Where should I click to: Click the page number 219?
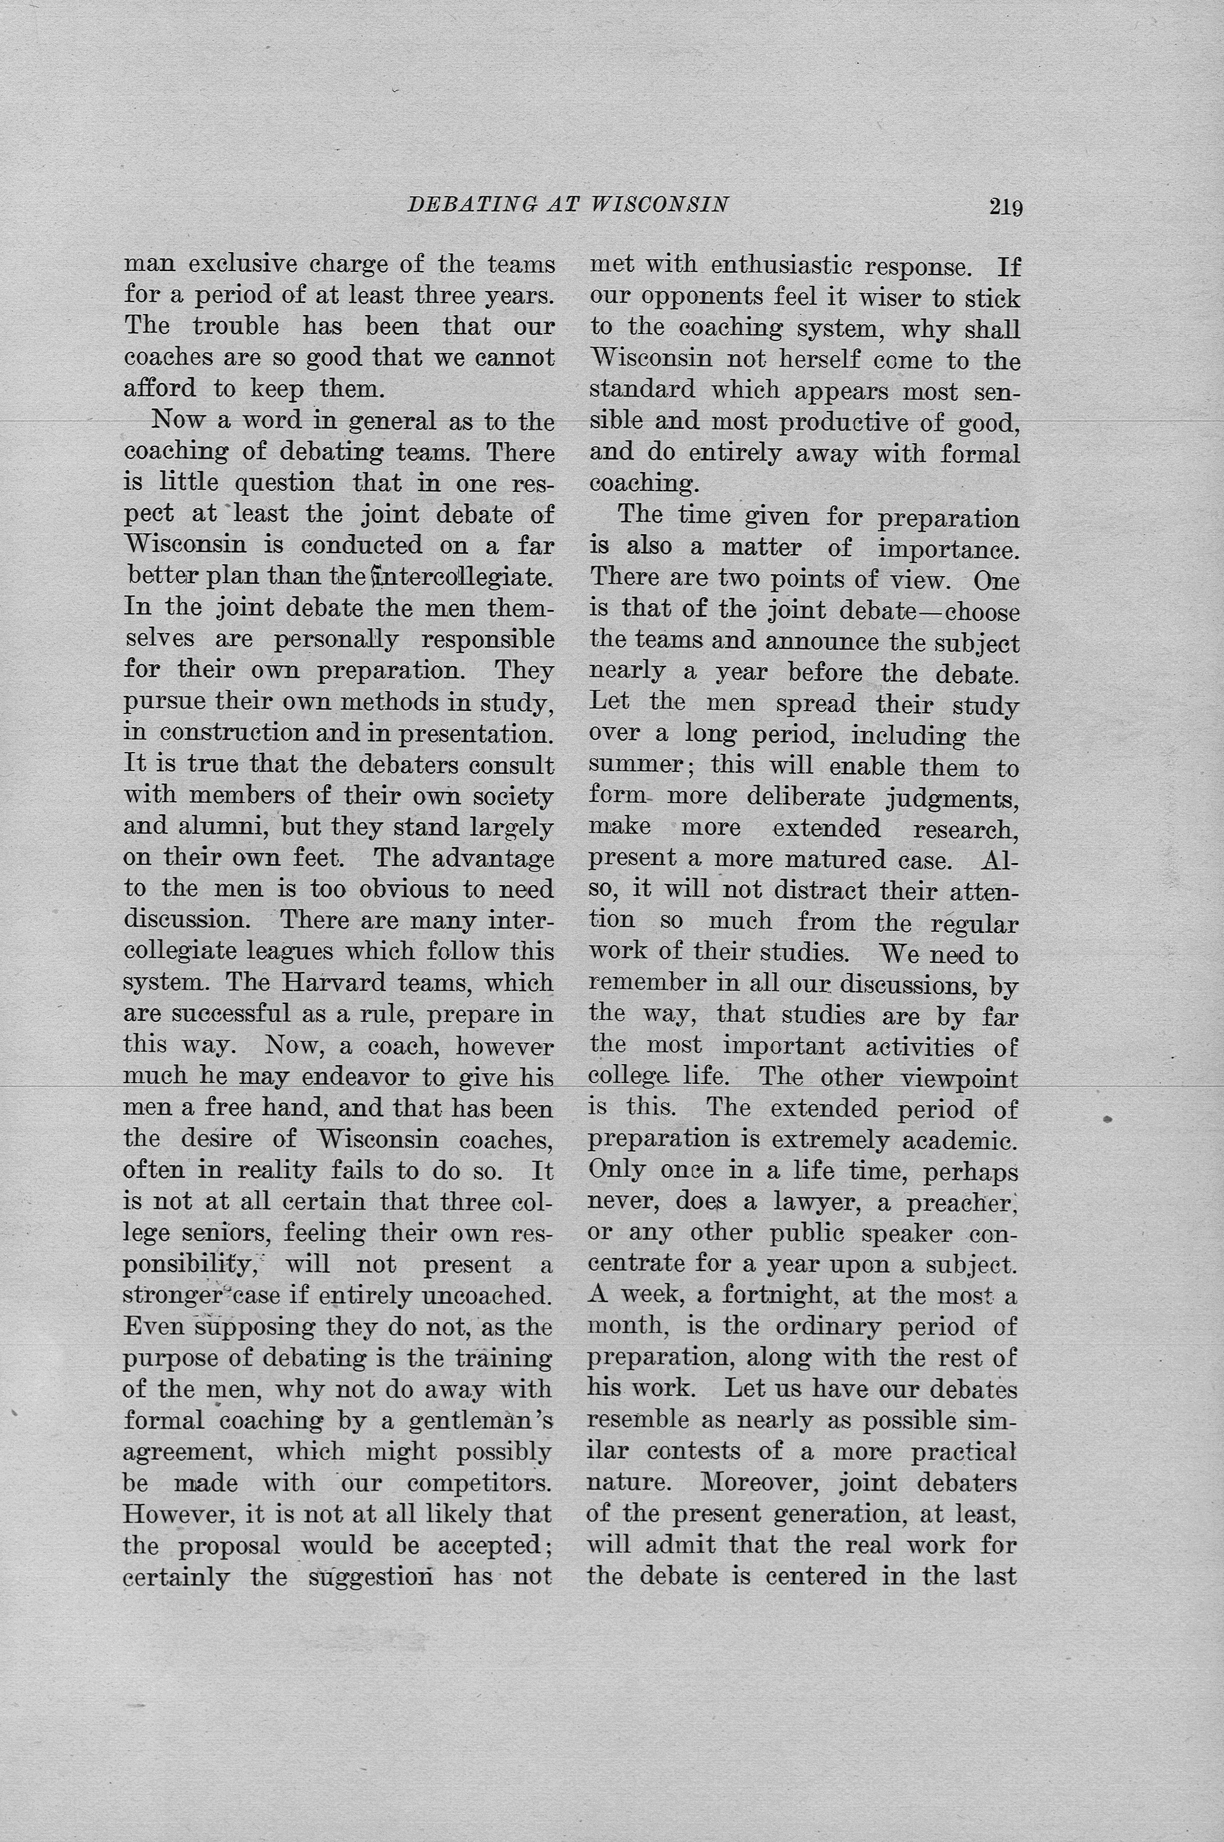(1006, 207)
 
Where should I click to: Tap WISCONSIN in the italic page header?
(660, 205)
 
